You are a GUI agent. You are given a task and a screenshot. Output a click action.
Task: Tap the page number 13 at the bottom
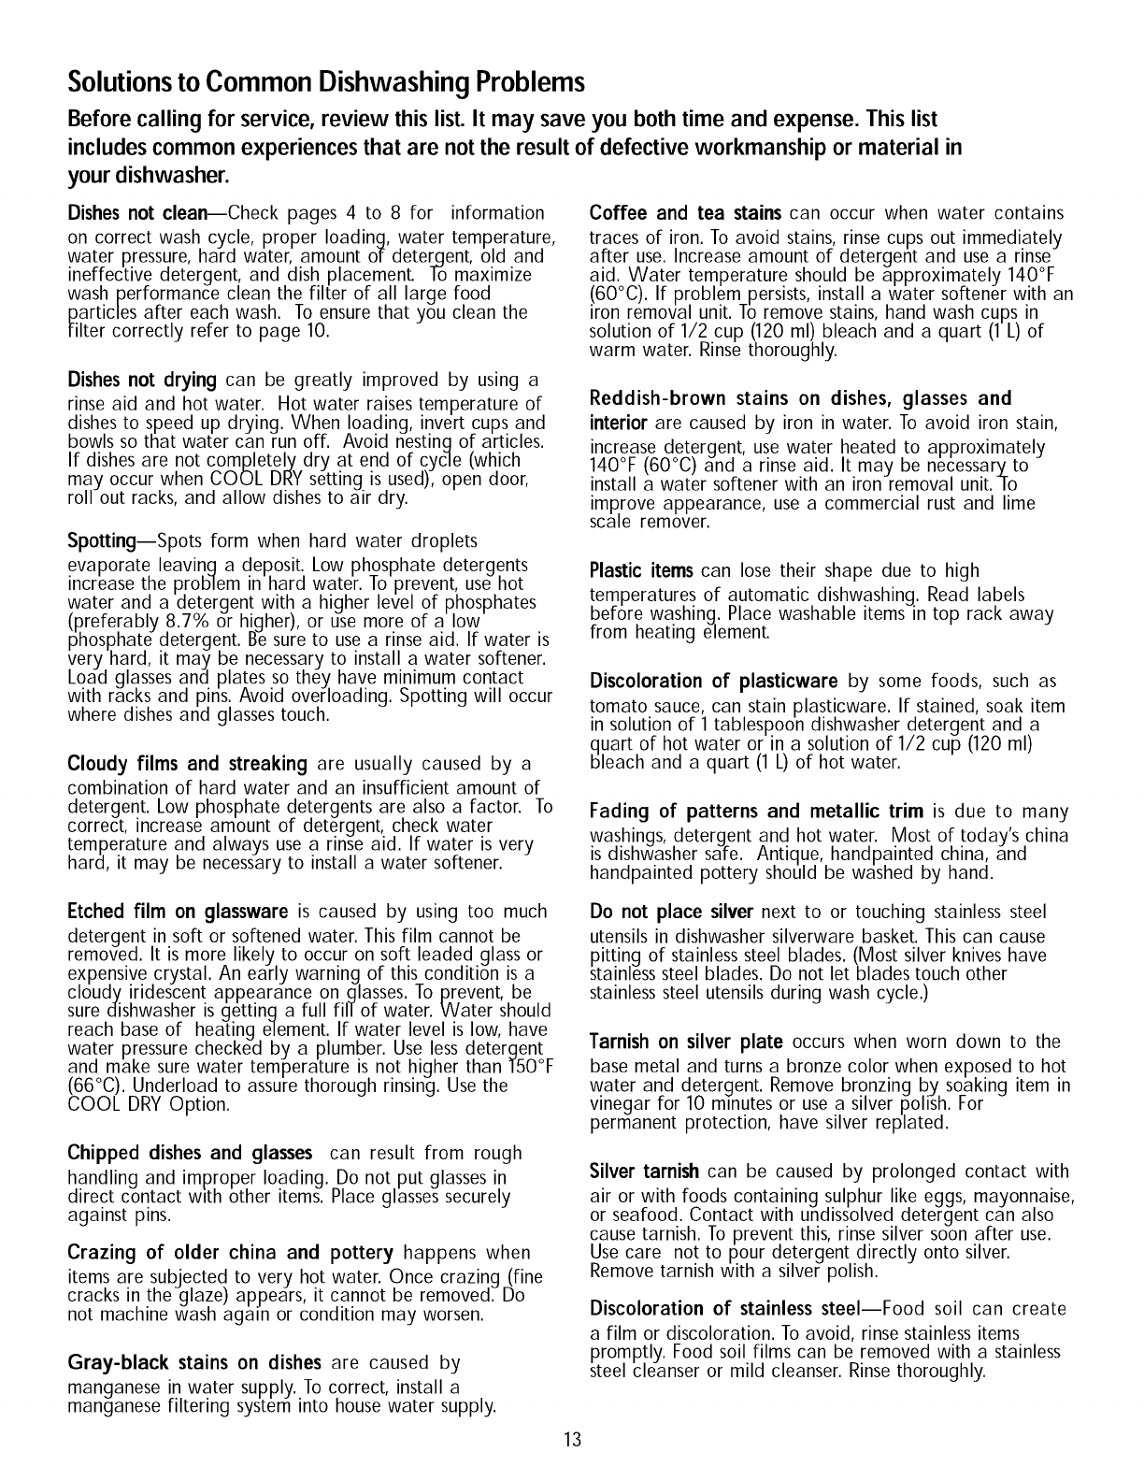(x=572, y=1439)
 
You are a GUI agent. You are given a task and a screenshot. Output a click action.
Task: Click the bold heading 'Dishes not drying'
(x=143, y=381)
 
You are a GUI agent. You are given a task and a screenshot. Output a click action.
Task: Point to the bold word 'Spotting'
(x=102, y=541)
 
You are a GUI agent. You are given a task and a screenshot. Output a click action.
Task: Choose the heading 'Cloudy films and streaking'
(x=188, y=764)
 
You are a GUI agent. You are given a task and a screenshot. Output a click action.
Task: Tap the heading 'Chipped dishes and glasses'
(x=190, y=1153)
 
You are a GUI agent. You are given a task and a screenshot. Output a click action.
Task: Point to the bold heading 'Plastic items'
(x=641, y=570)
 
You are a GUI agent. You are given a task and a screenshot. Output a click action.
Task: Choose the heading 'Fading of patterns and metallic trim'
(x=756, y=811)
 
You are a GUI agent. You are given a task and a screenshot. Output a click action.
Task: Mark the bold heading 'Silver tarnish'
(x=645, y=1172)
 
